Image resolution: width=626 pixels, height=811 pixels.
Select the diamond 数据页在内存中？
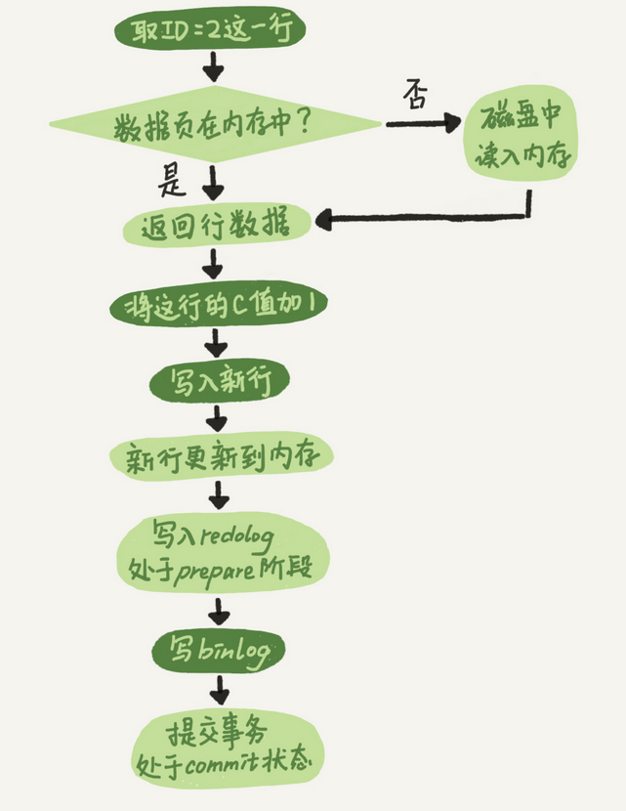pyautogui.click(x=215, y=124)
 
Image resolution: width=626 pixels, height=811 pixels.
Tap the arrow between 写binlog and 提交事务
pyautogui.click(x=217, y=694)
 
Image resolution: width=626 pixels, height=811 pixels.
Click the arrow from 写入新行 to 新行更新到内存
pyautogui.click(x=217, y=417)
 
